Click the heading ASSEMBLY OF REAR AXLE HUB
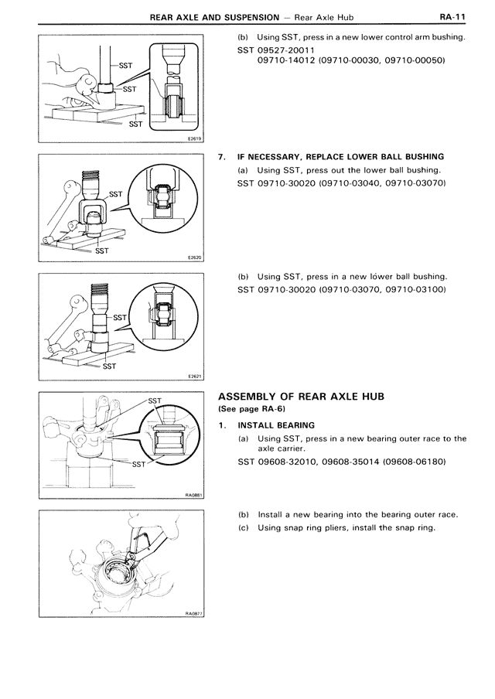(x=312, y=396)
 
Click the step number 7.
(x=222, y=157)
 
